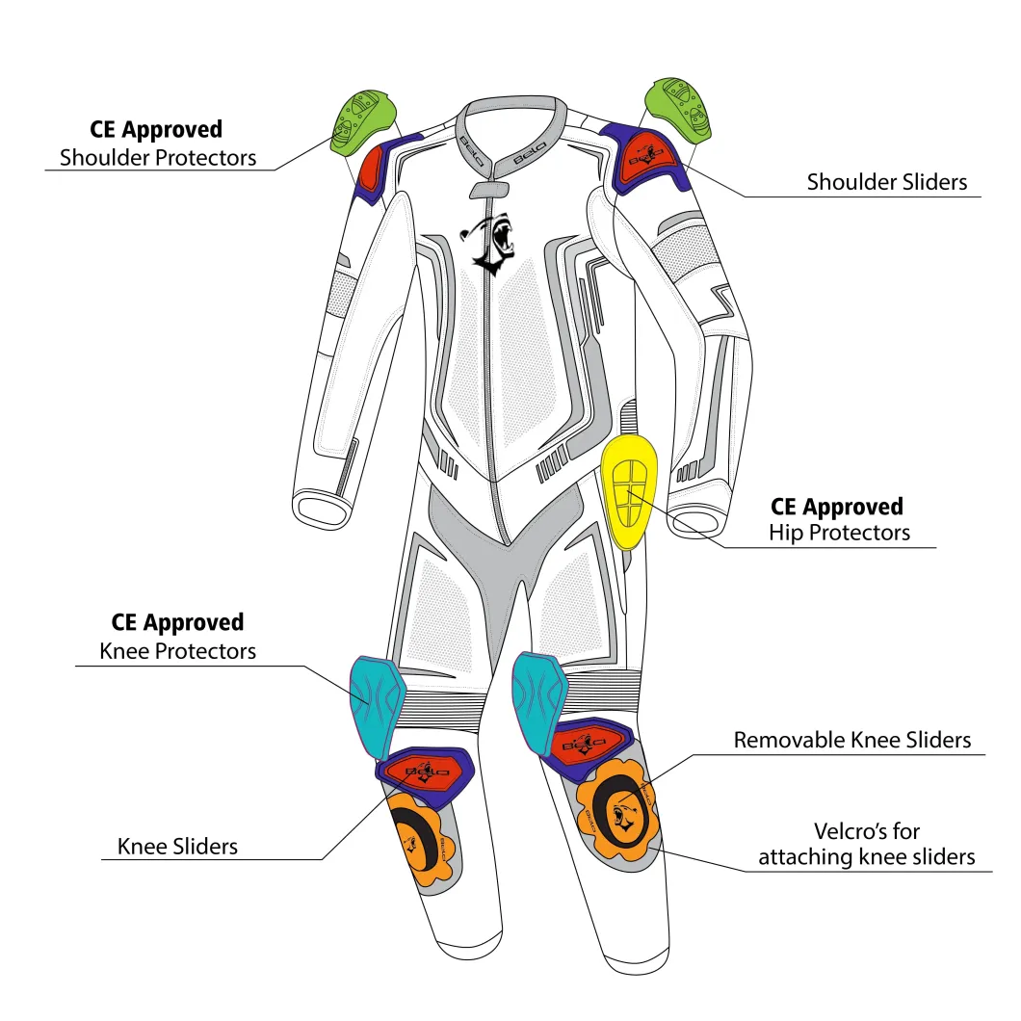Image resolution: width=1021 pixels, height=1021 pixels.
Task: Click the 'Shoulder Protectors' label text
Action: point(158,158)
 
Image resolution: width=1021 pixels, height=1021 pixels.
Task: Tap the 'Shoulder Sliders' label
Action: point(887,182)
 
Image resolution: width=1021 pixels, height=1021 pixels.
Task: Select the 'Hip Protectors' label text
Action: point(839,533)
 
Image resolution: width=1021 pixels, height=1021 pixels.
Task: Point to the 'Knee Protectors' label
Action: point(178,651)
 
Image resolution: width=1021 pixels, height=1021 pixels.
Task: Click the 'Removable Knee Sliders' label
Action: point(852,740)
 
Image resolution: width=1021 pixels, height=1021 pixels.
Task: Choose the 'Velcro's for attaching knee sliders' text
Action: point(867,844)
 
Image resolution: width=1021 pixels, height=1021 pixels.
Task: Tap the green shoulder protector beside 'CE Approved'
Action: point(362,122)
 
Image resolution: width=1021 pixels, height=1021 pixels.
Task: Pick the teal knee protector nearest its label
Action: point(377,706)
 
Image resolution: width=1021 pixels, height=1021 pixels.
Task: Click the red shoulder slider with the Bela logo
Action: point(644,159)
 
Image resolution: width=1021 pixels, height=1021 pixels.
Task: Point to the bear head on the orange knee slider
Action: point(624,817)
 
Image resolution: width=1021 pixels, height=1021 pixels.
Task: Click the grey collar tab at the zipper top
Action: point(489,190)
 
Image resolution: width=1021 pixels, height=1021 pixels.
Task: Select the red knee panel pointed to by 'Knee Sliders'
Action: point(423,772)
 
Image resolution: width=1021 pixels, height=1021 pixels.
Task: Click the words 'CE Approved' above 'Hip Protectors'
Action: point(837,507)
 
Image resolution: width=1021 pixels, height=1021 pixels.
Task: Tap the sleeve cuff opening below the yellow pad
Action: point(695,522)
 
